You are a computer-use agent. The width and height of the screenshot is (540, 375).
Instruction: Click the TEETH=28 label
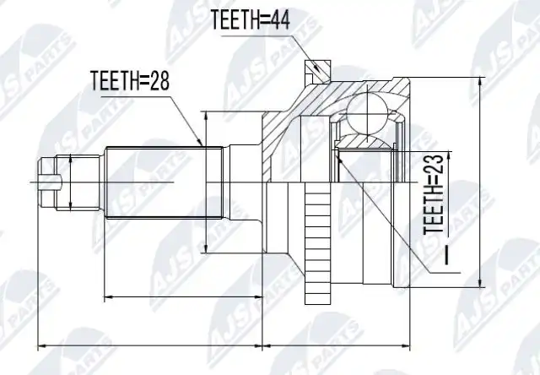[130, 80]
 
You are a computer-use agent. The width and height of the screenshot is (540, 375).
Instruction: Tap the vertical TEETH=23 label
[433, 193]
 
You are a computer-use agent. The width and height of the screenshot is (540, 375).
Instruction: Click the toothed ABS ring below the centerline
[318, 243]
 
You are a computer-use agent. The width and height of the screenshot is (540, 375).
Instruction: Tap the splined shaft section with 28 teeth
[164, 182]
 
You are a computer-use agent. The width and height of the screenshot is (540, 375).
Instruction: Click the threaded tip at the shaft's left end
[47, 182]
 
